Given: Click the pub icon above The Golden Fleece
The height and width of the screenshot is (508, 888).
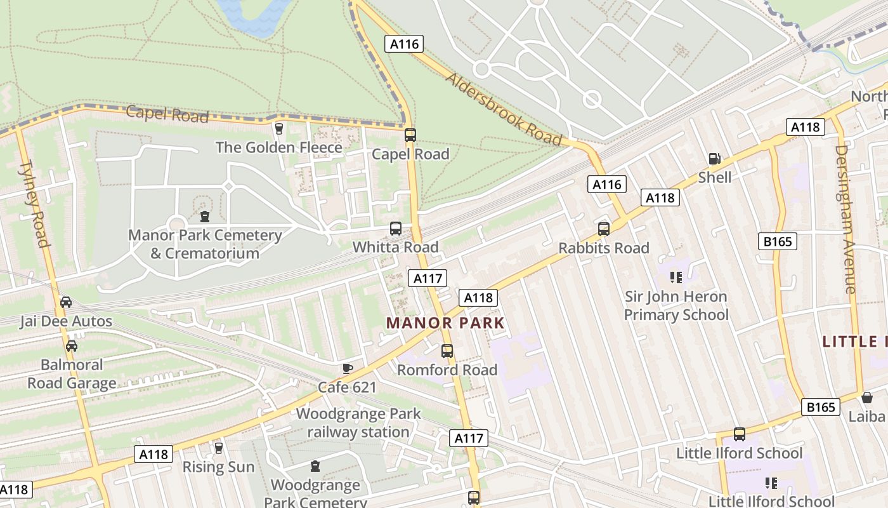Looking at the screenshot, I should pyautogui.click(x=278, y=129).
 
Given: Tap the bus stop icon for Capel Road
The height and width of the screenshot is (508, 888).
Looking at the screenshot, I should pyautogui.click(x=410, y=135).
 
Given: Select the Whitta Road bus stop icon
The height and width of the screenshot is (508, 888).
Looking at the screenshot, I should pyautogui.click(x=396, y=228).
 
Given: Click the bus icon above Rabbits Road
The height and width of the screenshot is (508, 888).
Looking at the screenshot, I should pyautogui.click(x=604, y=229).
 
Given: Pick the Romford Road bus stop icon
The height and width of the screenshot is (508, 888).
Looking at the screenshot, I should pyautogui.click(x=447, y=351).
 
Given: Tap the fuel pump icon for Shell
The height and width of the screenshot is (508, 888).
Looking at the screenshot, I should pyautogui.click(x=714, y=159).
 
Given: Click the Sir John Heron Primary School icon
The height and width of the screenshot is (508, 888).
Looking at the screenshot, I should pyautogui.click(x=676, y=277).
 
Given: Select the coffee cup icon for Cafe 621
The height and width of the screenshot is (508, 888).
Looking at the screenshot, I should pyautogui.click(x=347, y=368).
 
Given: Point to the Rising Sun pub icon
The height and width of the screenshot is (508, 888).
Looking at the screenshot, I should pyautogui.click(x=218, y=448).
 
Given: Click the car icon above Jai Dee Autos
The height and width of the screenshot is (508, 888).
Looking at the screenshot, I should pyautogui.click(x=66, y=302).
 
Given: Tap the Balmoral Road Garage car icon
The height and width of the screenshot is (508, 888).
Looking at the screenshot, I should pyautogui.click(x=72, y=346).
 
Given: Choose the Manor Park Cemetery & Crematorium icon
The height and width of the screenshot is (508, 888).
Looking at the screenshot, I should pyautogui.click(x=204, y=217).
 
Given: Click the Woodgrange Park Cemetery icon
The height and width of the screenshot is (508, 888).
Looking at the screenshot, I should pyautogui.click(x=315, y=467).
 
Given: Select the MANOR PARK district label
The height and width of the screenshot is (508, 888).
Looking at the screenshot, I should pyautogui.click(x=445, y=323).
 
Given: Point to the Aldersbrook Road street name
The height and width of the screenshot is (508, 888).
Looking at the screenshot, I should pyautogui.click(x=504, y=109).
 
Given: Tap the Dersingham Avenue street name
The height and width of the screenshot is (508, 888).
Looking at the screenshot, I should pyautogui.click(x=846, y=219).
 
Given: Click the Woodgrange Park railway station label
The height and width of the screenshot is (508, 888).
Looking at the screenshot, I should pyautogui.click(x=358, y=423).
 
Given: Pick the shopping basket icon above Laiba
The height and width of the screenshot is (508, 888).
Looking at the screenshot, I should pyautogui.click(x=867, y=398).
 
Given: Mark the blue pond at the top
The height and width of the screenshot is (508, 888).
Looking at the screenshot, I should pyautogui.click(x=254, y=15).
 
